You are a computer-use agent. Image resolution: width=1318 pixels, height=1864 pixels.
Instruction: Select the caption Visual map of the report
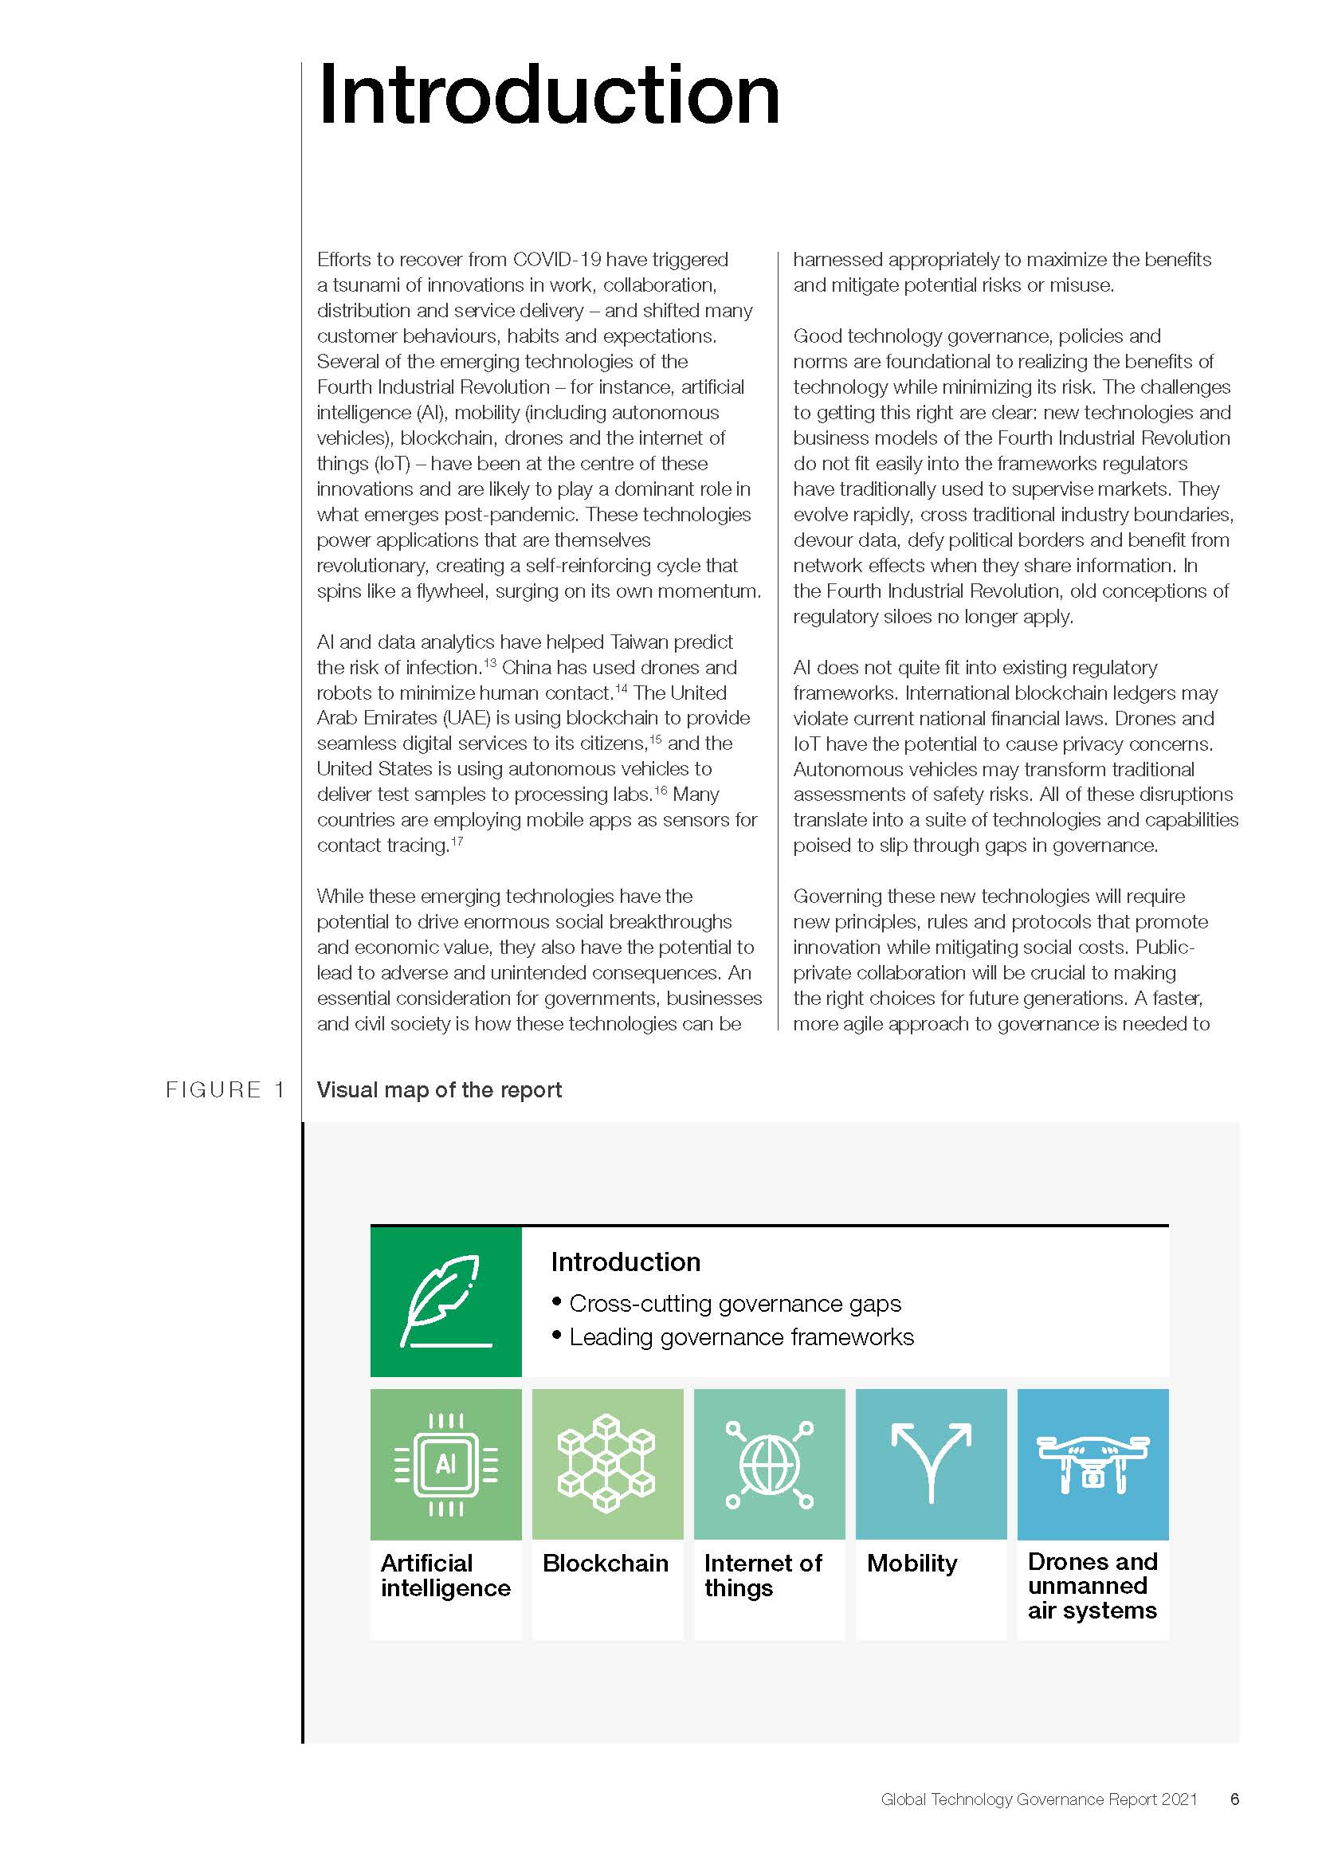438,1089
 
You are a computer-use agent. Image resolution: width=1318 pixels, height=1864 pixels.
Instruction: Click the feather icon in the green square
445,1301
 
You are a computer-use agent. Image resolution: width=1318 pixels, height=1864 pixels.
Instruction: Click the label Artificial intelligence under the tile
445,1575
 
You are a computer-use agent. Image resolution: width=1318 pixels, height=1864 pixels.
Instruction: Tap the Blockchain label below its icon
606,1563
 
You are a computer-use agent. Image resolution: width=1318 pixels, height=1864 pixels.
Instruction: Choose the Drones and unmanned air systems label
1092,1586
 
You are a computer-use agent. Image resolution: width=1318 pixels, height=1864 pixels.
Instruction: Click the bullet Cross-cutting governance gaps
735,1303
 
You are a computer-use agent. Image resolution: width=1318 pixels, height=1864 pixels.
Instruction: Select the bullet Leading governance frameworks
741,1337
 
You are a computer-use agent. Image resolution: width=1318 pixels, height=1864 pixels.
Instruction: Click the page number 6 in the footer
1234,1799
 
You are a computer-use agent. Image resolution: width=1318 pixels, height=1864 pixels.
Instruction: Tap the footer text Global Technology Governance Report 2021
1039,1799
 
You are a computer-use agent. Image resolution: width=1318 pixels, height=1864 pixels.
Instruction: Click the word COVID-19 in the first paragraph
557,260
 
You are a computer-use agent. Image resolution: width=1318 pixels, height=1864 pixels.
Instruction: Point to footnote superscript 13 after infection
489,663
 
